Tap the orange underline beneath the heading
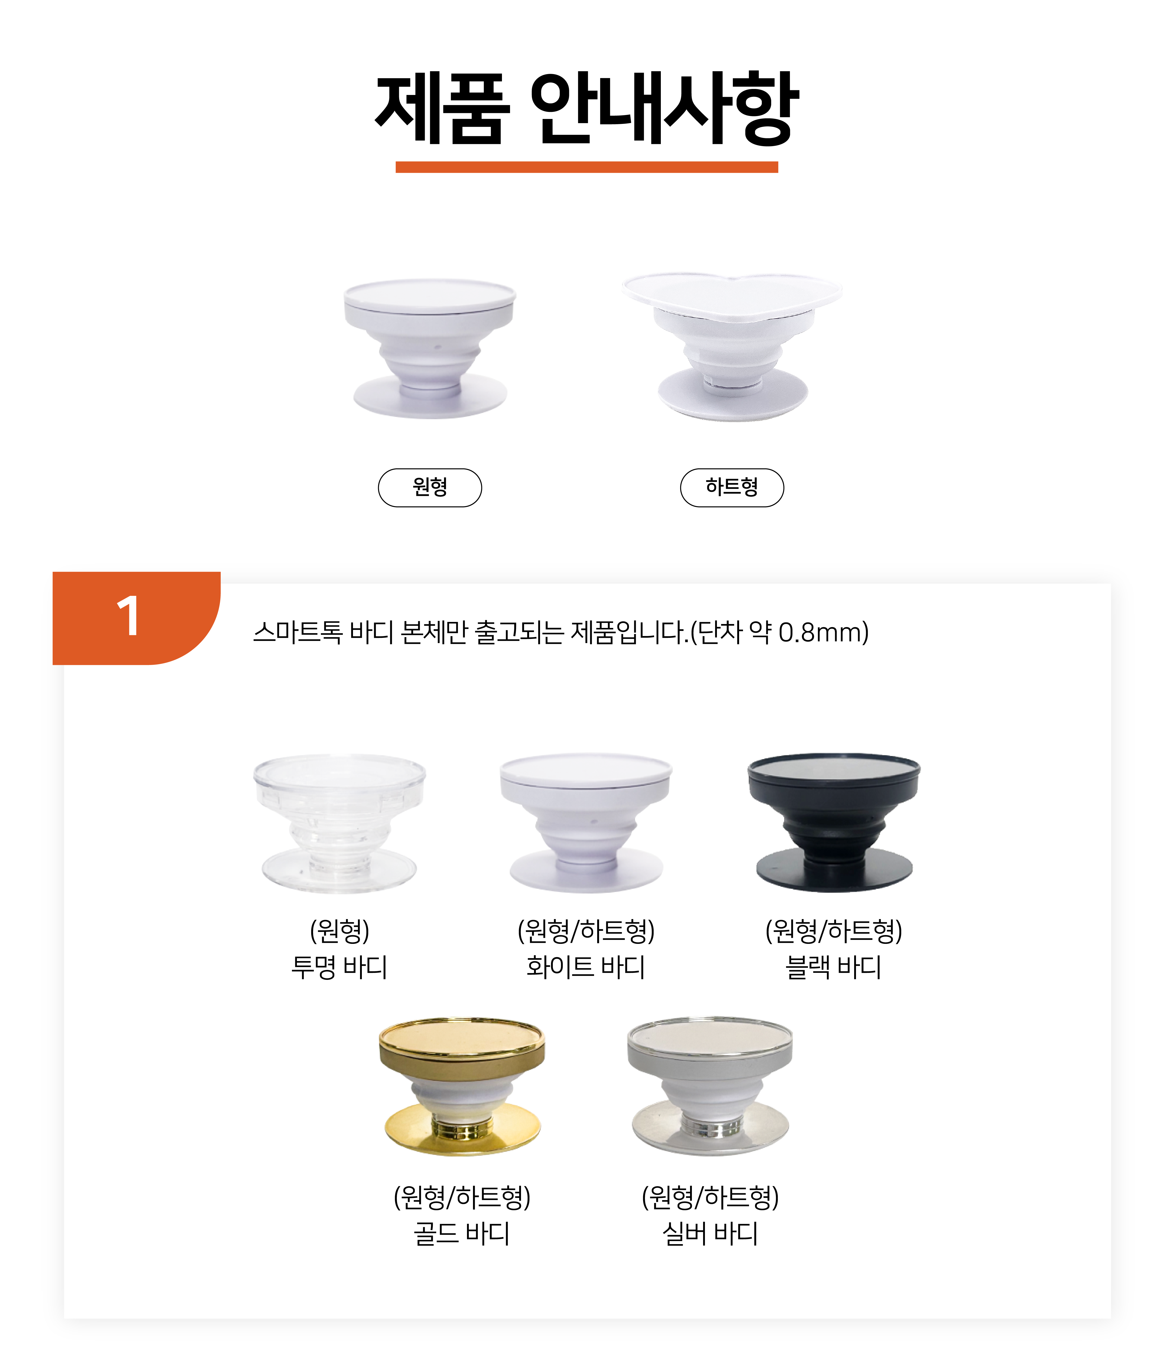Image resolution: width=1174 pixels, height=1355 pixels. click(x=586, y=167)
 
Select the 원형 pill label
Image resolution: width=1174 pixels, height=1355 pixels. click(x=430, y=488)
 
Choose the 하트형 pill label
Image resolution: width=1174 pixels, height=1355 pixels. click(x=732, y=488)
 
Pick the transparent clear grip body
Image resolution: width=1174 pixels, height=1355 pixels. click(x=339, y=823)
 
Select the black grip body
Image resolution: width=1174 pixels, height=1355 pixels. click(x=834, y=822)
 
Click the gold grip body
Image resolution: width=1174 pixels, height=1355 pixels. click(x=462, y=1087)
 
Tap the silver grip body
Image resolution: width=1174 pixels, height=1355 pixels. click(x=710, y=1087)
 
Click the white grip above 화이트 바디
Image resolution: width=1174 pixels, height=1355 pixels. click(x=586, y=823)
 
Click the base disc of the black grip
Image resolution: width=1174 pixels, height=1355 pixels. click(x=834, y=871)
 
